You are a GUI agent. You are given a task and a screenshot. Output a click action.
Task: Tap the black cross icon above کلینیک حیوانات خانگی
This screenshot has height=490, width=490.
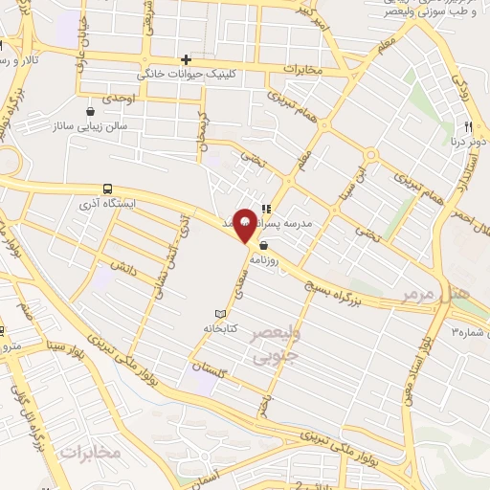[187, 59]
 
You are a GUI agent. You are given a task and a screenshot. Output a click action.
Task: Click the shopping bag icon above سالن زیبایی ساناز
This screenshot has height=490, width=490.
[91, 109]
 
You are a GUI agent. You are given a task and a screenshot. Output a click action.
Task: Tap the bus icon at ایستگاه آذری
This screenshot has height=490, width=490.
[106, 189]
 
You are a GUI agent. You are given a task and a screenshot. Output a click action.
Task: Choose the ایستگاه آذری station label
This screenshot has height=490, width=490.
[107, 204]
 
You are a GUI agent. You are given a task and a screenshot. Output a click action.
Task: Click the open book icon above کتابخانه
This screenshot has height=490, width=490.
[221, 314]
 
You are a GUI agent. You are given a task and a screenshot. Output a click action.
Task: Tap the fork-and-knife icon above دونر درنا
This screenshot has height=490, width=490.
[469, 126]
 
